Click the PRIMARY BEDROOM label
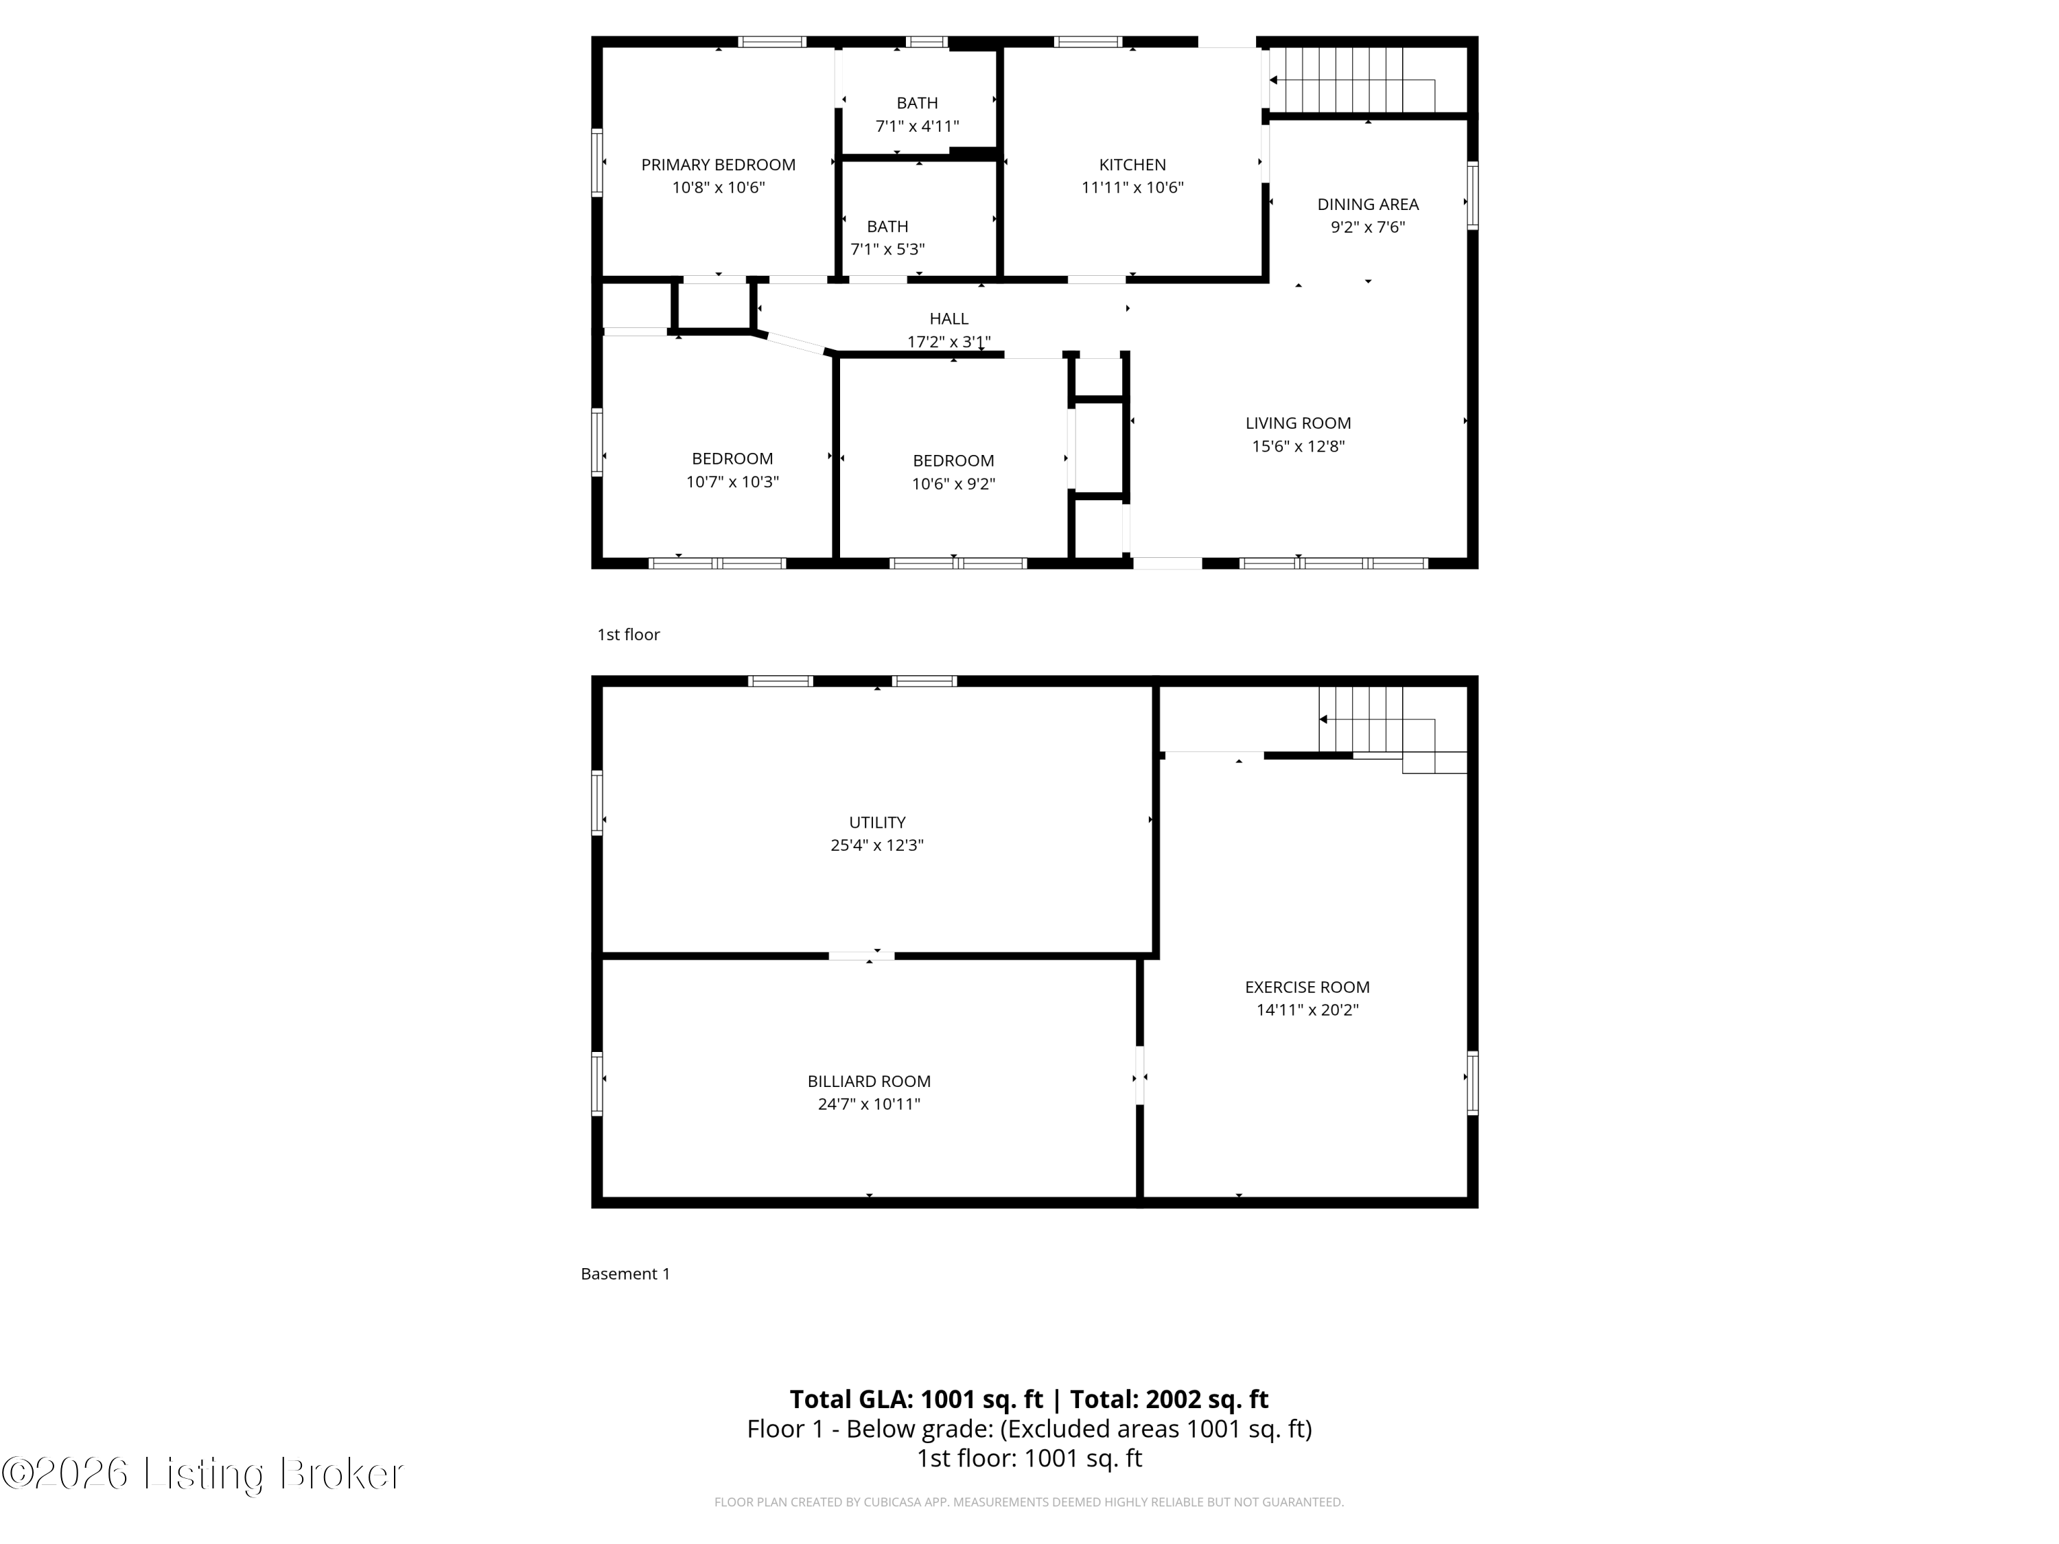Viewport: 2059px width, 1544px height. [718, 165]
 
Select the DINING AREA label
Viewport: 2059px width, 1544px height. [1367, 204]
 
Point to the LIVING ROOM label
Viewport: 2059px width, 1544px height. [1298, 423]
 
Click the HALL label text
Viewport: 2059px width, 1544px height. [949, 318]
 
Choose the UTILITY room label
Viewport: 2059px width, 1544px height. [877, 822]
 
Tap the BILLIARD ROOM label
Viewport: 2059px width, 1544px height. [868, 1081]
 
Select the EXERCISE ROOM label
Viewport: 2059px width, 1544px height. [1307, 987]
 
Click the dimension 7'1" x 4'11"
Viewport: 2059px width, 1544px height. [917, 126]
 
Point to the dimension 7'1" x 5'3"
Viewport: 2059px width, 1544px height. [887, 249]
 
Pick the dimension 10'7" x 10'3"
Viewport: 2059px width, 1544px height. [732, 481]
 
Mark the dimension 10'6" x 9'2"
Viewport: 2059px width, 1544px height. [953, 484]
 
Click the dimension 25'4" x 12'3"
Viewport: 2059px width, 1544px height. [877, 845]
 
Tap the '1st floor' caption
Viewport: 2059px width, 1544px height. [628, 635]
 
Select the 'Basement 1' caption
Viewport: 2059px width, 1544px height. [625, 1273]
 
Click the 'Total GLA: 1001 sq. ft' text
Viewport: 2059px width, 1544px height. [916, 1399]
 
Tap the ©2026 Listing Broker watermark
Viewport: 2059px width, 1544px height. [203, 1473]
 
